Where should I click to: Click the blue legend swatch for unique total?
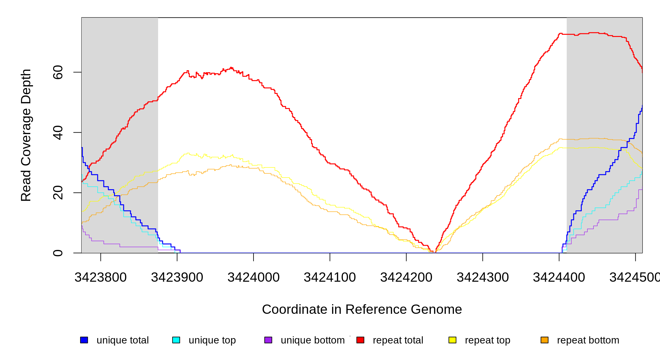point(84,340)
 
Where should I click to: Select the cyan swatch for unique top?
point(176,340)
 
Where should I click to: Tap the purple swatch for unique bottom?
point(268,340)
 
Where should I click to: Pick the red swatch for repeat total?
point(360,340)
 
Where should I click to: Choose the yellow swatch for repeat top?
point(452,340)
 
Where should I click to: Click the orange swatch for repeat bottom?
point(544,340)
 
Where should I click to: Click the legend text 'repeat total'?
point(398,340)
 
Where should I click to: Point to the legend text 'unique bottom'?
point(313,340)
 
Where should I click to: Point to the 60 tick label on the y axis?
point(58,72)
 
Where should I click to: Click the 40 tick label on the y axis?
point(58,133)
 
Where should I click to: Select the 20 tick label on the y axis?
point(58,193)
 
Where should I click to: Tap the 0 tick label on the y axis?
point(58,253)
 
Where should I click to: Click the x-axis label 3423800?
point(100,277)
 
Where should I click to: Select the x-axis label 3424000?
point(253,277)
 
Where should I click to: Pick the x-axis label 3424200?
point(406,277)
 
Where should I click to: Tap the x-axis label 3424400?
point(559,277)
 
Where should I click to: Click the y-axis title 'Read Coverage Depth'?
point(26,135)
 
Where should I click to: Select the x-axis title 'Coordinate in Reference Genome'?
point(362,309)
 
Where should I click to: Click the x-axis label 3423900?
point(177,277)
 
